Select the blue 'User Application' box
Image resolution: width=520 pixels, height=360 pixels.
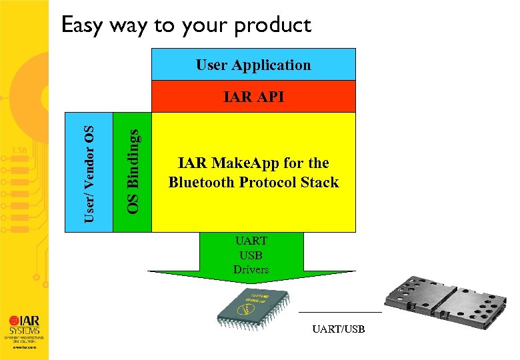253,65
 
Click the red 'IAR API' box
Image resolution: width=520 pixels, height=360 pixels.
253,97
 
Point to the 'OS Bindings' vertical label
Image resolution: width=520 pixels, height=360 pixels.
134,172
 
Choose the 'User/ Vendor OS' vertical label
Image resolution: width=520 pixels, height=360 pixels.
88,173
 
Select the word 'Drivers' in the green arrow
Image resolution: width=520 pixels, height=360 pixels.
251,269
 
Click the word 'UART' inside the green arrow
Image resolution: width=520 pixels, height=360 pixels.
251,241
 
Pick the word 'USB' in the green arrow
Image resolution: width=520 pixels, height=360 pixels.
251,255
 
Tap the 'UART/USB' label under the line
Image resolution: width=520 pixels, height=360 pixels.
339,329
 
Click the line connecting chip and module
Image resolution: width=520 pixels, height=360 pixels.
340,311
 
